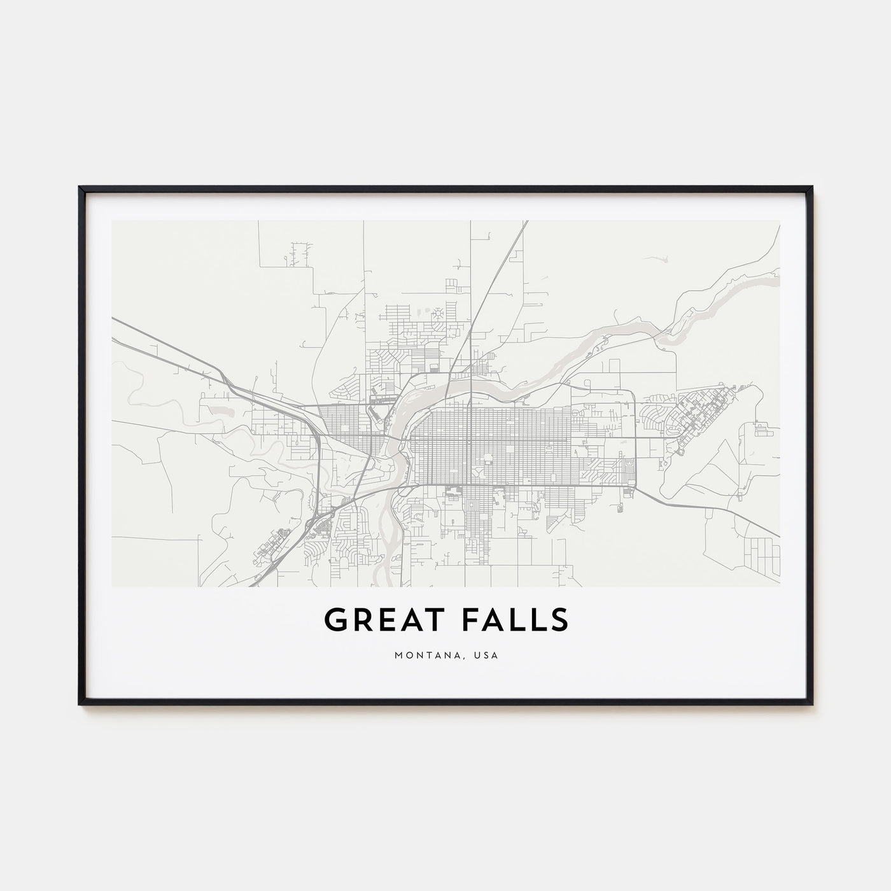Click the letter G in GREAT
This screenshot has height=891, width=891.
tap(335, 620)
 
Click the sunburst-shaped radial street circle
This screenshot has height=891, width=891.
tap(438, 313)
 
